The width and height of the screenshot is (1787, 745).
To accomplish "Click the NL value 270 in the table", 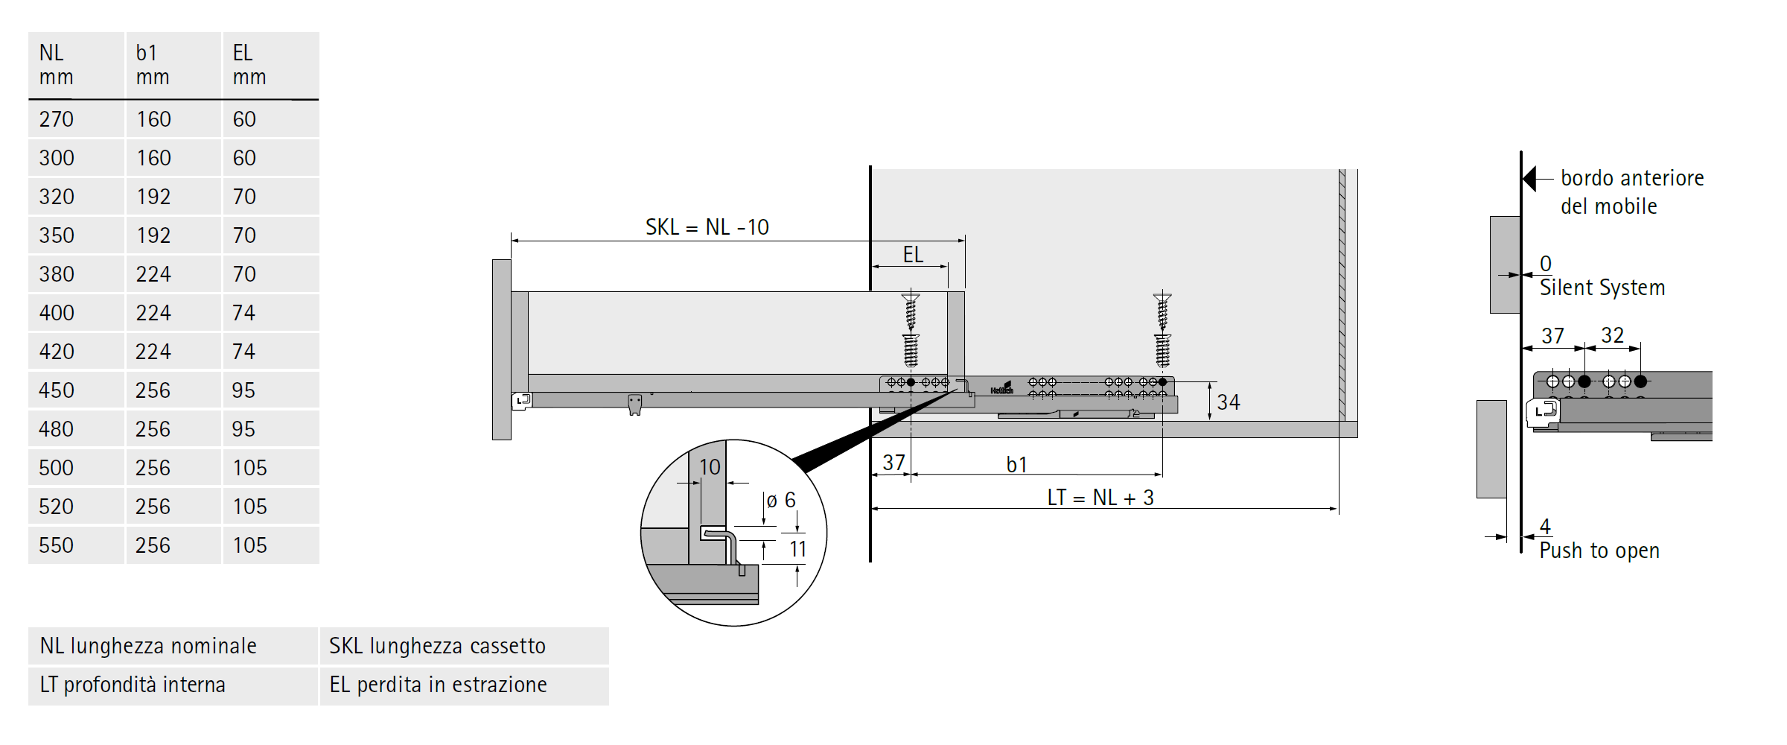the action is [57, 119].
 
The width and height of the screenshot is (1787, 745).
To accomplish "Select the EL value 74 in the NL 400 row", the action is [244, 313].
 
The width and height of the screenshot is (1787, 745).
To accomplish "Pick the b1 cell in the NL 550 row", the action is [153, 545].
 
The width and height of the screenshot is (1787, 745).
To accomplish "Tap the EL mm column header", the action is [249, 65].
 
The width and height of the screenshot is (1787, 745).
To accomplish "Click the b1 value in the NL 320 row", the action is [153, 197].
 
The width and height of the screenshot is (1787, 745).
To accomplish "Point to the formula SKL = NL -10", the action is [707, 227].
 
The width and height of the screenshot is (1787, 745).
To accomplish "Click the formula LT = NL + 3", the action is [1100, 498].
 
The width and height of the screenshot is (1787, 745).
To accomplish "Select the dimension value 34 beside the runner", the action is [1229, 402].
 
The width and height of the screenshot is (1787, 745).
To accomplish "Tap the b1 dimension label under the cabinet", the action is [1017, 465].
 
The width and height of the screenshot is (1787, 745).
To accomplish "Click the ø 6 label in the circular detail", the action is [781, 501].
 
